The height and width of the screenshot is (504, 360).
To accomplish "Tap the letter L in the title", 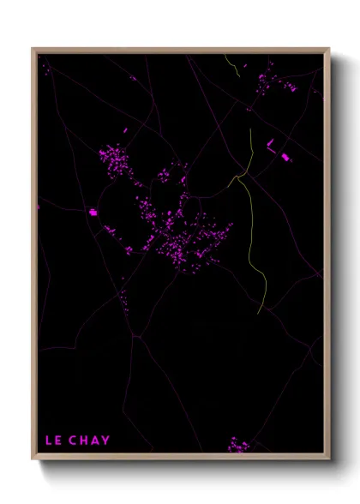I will coord(48,441).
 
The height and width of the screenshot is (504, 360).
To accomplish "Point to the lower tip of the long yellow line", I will coord(260,312).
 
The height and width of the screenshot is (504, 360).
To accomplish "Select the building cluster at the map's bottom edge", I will coord(238,445).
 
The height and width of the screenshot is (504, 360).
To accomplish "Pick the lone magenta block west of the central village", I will coord(93,212).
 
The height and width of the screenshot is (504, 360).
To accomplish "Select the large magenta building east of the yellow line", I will coord(285,157).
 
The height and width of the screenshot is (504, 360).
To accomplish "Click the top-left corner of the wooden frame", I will coord(33,49).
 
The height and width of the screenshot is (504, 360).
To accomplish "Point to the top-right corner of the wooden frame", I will coord(329,49).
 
